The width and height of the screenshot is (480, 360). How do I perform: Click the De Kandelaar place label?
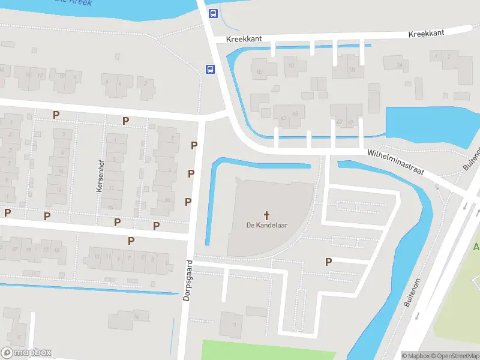(x=266, y=225)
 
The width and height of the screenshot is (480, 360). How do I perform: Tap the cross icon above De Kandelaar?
(x=266, y=214)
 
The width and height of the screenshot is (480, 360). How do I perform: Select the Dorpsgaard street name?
(x=188, y=280)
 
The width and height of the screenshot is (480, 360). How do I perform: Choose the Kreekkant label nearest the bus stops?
(x=244, y=38)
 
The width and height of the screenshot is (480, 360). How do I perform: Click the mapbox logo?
(x=26, y=353)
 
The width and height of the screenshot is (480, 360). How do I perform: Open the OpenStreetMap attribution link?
(x=454, y=356)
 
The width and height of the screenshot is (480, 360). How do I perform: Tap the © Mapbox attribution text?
(x=415, y=356)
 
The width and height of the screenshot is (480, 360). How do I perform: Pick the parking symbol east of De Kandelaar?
(x=328, y=262)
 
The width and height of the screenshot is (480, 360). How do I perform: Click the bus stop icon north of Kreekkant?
(x=212, y=13)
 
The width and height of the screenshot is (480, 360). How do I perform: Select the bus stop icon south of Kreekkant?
(x=211, y=70)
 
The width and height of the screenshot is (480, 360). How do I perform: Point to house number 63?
(x=283, y=118)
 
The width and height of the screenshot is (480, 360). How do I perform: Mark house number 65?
(x=295, y=113)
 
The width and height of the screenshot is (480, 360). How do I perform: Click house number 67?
(x=339, y=122)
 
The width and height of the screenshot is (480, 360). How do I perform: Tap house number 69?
(x=350, y=122)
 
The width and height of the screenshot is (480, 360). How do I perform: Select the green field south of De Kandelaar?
(x=264, y=350)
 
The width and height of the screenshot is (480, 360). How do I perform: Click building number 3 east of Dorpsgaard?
(x=235, y=325)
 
